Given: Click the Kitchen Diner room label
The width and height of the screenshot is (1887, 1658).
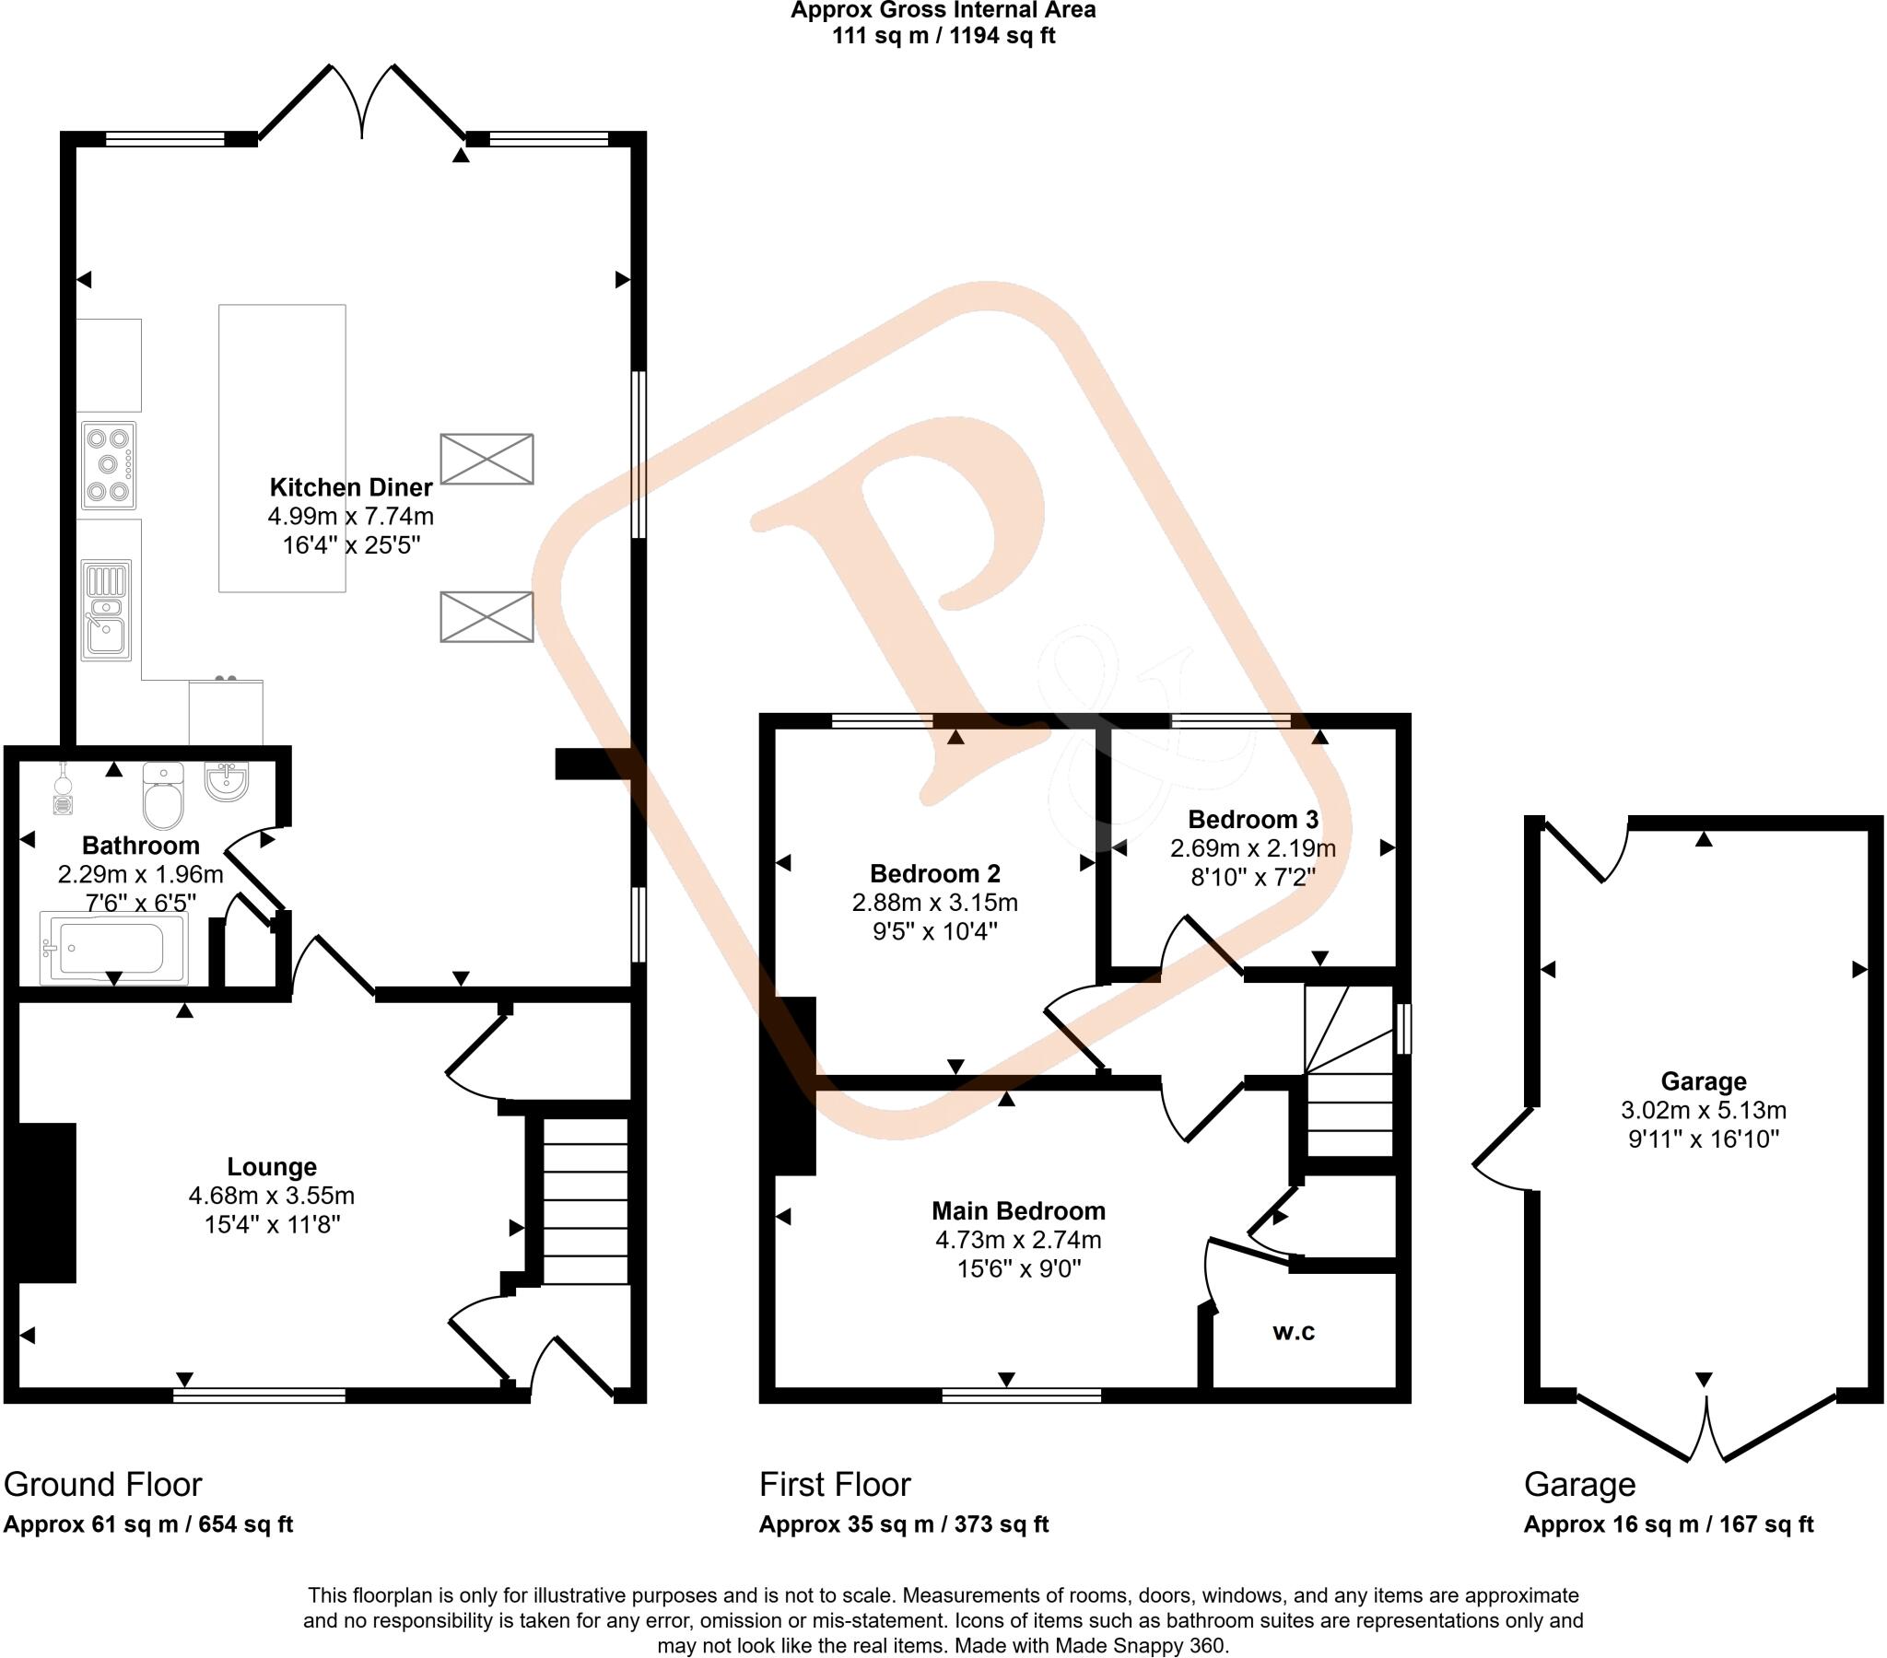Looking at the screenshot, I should tap(351, 487).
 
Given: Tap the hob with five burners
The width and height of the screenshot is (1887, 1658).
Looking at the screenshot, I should tap(108, 465).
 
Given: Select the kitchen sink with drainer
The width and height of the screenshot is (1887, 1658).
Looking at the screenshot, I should tap(106, 610).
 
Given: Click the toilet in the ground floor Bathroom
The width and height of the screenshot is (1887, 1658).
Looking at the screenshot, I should tap(163, 796).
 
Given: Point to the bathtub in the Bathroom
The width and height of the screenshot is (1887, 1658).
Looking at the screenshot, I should tap(113, 948).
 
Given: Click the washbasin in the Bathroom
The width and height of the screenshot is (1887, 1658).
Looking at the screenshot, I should tap(226, 782).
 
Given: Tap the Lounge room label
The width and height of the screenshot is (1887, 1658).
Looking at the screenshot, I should tap(272, 1167).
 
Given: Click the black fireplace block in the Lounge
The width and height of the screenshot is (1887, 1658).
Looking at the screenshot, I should tap(46, 1202).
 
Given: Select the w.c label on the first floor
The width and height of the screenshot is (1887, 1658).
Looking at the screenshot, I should tap(1294, 1331).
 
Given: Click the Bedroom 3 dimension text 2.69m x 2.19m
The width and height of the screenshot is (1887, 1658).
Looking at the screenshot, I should tap(1253, 847).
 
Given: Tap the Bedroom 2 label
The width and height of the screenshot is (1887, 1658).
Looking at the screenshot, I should tap(934, 873).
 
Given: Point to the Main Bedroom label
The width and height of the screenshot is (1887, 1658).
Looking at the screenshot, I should tap(1018, 1210).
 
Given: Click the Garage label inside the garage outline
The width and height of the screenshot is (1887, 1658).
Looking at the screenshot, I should tap(1704, 1081).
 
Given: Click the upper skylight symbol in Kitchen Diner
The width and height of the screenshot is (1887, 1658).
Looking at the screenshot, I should tap(486, 459).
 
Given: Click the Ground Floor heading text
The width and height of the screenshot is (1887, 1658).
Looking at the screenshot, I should tap(102, 1485).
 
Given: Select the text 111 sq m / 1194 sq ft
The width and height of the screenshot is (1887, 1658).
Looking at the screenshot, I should tap(943, 36).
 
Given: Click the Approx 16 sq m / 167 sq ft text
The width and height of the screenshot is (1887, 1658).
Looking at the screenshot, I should tap(1669, 1524).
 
